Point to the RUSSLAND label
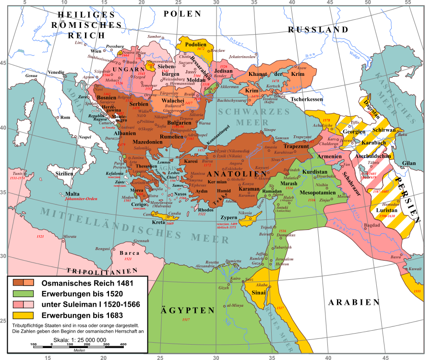pyautogui.click(x=318, y=30)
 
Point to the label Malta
pyautogui.click(x=72, y=194)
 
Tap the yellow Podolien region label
pyautogui.click(x=194, y=44)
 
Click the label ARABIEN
pyautogui.click(x=354, y=302)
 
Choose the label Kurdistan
pyautogui.click(x=316, y=171)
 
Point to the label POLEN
pyautogui.click(x=182, y=14)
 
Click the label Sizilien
pyautogui.click(x=64, y=173)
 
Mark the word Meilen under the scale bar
pyautogui.click(x=79, y=350)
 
